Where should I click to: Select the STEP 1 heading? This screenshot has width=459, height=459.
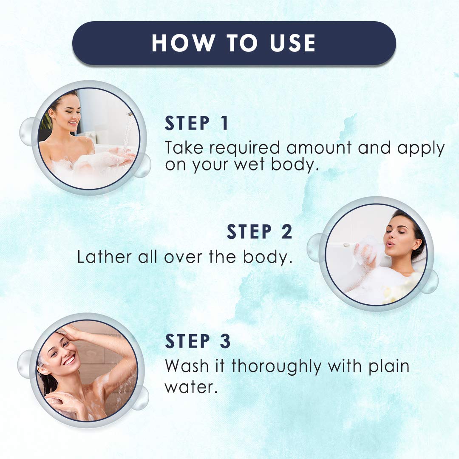click(x=197, y=123)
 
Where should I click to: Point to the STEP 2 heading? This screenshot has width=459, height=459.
click(x=259, y=232)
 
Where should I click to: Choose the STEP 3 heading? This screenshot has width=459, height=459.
click(x=198, y=341)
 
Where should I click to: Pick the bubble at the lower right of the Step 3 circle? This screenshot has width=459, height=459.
click(x=139, y=397)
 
